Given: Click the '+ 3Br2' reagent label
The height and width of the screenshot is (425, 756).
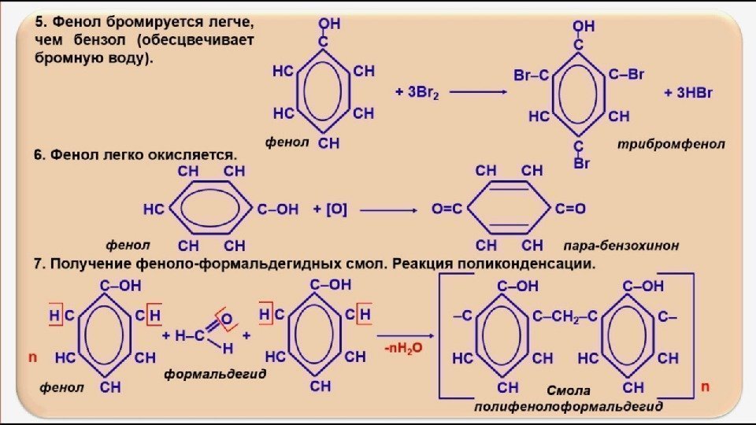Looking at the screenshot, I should pyautogui.click(x=417, y=92).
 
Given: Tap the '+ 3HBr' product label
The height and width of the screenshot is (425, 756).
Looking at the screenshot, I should pyautogui.click(x=688, y=92).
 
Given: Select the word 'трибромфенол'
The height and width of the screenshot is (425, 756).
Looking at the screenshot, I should pyautogui.click(x=671, y=145).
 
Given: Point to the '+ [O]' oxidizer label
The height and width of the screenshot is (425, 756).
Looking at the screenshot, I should pyautogui.click(x=330, y=209).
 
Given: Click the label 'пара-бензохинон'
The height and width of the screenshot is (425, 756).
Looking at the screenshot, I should pyautogui.click(x=621, y=246).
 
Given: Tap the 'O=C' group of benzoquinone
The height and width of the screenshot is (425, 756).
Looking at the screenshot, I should pyautogui.click(x=447, y=209).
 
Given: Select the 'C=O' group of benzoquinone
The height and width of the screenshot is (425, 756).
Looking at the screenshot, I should pyautogui.click(x=571, y=209).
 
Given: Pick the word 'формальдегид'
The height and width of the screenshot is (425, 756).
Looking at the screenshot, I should pyautogui.click(x=215, y=375).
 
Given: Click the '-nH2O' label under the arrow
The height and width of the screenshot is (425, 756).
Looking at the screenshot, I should pyautogui.click(x=403, y=347).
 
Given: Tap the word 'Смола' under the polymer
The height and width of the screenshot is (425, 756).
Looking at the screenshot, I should pyautogui.click(x=568, y=390).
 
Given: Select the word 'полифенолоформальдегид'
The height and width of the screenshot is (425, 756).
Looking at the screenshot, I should pyautogui.click(x=568, y=406).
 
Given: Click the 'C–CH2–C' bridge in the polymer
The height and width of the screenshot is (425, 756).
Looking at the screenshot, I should pyautogui.click(x=565, y=316).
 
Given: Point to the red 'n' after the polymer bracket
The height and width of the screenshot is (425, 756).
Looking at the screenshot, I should pyautogui.click(x=705, y=386).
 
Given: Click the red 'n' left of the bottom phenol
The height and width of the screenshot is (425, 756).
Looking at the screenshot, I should pyautogui.click(x=33, y=357).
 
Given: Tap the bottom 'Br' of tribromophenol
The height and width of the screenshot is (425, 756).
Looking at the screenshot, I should pyautogui.click(x=581, y=164).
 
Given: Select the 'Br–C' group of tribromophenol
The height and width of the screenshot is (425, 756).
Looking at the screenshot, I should pyautogui.click(x=531, y=76).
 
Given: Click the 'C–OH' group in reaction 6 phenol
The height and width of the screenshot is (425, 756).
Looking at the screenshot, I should pyautogui.click(x=279, y=209).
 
